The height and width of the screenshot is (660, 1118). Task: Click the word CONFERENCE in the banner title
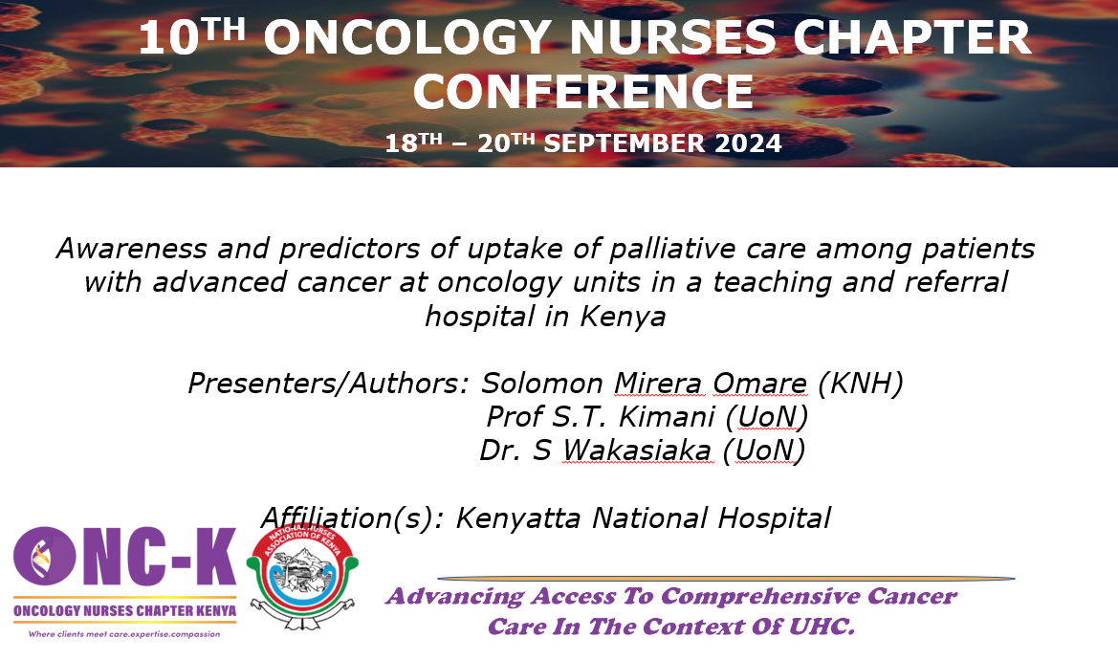coord(583,91)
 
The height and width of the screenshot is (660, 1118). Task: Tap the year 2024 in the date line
coord(748,143)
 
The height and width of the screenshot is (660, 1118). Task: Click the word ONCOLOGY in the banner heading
coord(410,37)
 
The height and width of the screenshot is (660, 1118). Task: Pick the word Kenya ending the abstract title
coord(624,317)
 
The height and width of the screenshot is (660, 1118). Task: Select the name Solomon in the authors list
coord(542,384)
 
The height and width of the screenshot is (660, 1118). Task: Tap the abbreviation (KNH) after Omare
coord(861,384)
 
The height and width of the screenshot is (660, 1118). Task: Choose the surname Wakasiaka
coord(637,451)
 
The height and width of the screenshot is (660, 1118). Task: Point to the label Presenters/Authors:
coord(328,384)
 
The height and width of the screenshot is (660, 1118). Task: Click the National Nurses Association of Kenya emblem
coord(302,577)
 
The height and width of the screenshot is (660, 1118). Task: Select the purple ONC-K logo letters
coord(124,557)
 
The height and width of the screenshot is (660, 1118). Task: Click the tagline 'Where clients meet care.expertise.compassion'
coord(124,634)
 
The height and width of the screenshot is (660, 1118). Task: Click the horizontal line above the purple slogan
coord(726,579)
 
